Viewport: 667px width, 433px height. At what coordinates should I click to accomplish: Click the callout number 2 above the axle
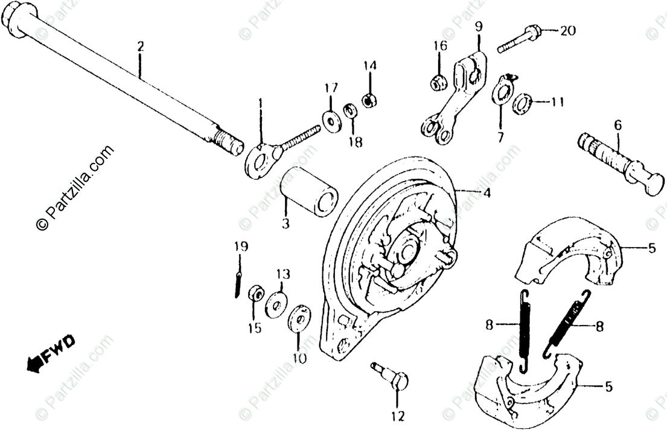(140, 46)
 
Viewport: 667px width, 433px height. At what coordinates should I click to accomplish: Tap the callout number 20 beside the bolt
(567, 31)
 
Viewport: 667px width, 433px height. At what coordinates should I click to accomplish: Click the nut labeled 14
(370, 98)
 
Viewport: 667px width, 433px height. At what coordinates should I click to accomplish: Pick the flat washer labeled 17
(331, 120)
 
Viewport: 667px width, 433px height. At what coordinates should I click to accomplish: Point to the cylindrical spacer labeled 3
(309, 191)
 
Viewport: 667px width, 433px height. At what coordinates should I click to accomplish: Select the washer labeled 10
(299, 319)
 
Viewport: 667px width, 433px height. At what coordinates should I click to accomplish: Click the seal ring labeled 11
(523, 104)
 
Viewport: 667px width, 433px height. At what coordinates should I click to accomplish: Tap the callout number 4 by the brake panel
(485, 194)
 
